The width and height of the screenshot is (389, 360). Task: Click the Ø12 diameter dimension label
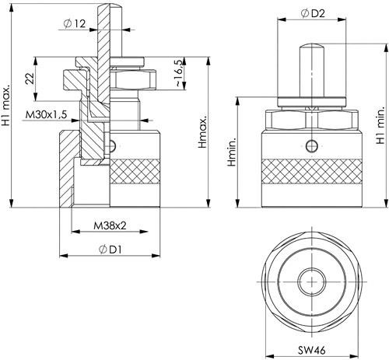pyautogui.click(x=75, y=24)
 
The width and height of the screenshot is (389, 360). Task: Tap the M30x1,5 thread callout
pyautogui.click(x=46, y=114)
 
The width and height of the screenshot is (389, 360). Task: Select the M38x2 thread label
pyautogui.click(x=110, y=225)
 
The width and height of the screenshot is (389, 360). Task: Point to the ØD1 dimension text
pyautogui.click(x=110, y=250)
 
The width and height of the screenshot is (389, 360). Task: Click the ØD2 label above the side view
pyautogui.click(x=313, y=13)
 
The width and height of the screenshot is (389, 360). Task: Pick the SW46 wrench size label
pyautogui.click(x=311, y=351)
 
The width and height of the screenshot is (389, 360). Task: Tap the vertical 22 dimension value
pyautogui.click(x=30, y=79)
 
